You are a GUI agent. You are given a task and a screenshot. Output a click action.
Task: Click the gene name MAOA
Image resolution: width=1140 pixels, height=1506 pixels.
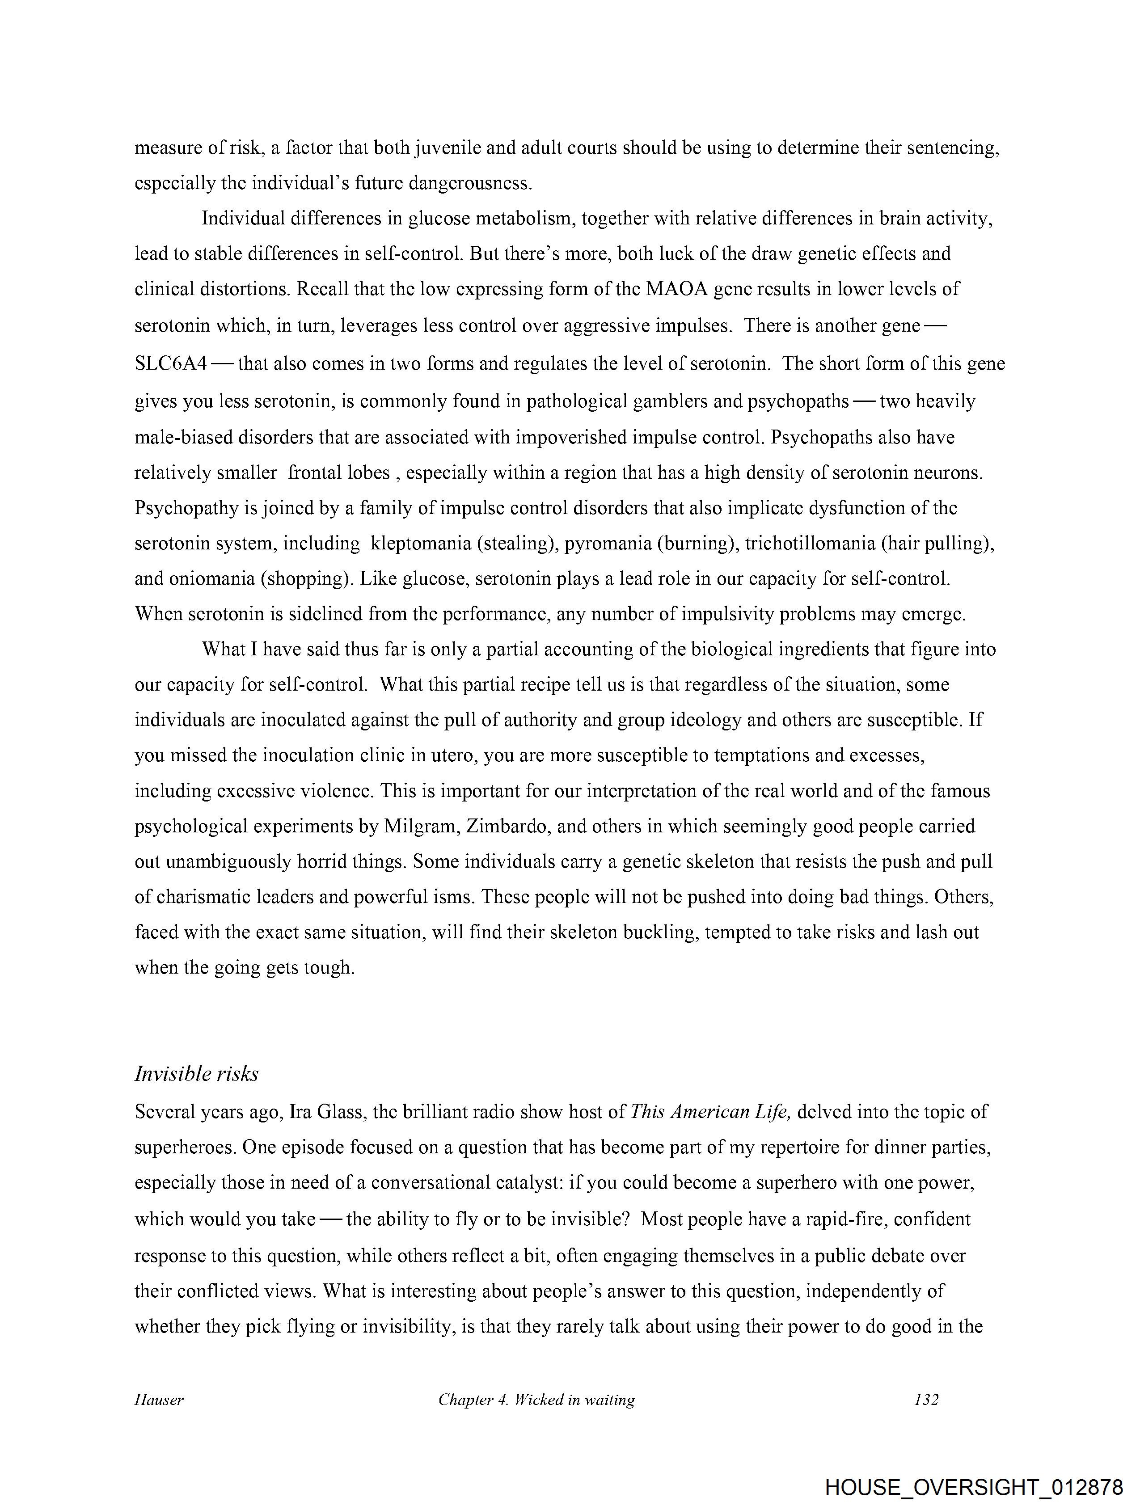click(682, 289)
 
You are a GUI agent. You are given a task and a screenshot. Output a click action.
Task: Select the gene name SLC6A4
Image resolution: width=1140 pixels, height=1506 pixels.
click(170, 363)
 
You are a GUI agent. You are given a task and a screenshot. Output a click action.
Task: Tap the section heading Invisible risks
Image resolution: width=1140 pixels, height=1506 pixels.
click(196, 1074)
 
